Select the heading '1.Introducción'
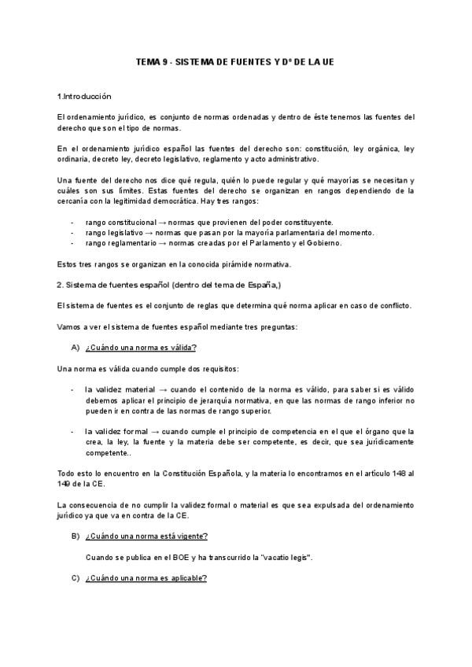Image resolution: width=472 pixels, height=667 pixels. (x=84, y=97)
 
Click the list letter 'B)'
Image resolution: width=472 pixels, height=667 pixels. (x=76, y=536)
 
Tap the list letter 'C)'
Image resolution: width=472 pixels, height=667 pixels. (x=76, y=578)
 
